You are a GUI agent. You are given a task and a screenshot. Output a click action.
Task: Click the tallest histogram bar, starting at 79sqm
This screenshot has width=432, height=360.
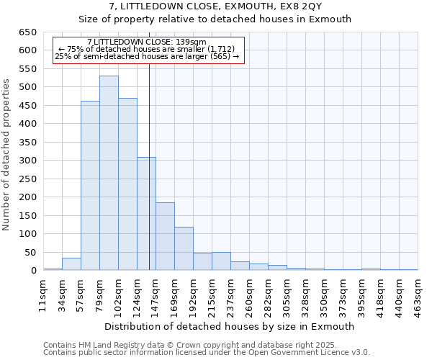[x=109, y=173]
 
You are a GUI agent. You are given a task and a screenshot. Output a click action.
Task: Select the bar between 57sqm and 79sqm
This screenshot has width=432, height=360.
[x=90, y=186]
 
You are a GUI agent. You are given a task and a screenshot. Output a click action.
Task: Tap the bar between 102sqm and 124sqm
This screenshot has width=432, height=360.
[x=127, y=184]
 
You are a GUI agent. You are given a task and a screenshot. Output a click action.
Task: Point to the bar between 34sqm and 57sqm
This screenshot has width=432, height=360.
[x=71, y=264]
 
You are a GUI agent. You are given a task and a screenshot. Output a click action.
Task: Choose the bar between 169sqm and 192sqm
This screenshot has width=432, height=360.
[x=184, y=248]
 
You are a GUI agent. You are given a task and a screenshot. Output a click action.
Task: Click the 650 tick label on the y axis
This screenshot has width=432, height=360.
[x=27, y=32]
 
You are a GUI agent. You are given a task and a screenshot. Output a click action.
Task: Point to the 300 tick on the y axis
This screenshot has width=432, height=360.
[x=27, y=161]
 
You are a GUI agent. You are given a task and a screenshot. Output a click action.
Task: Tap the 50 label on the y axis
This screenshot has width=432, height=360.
[x=30, y=253]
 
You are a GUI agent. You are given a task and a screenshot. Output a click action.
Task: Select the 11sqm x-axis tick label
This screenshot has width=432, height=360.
[x=43, y=296]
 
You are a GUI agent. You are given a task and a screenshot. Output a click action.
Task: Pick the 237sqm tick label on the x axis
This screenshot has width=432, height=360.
[x=230, y=296]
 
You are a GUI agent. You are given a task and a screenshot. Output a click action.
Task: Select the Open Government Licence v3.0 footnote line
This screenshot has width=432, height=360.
[x=207, y=353]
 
